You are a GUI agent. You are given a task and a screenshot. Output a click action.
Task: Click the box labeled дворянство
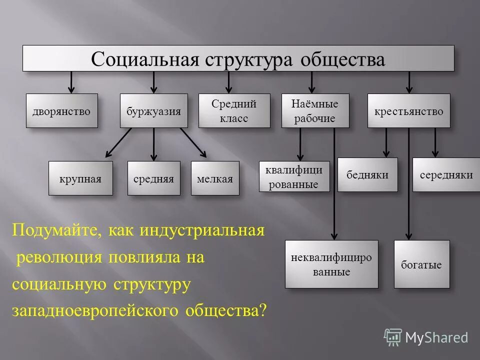click(x=61, y=110)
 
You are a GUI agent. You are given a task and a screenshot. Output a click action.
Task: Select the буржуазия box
click(x=154, y=110)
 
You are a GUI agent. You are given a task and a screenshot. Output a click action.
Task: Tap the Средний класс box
click(x=234, y=110)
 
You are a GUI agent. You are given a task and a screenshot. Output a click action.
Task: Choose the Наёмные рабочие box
click(x=314, y=110)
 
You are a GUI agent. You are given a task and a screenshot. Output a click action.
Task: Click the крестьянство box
click(x=408, y=110)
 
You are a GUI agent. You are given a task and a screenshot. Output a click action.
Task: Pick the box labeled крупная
click(x=80, y=178)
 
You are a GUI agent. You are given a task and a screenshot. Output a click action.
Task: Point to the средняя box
click(x=153, y=178)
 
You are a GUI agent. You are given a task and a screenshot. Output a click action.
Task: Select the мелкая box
click(x=215, y=178)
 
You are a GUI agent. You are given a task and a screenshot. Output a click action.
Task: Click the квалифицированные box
click(x=294, y=176)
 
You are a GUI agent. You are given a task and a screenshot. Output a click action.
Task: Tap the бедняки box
click(x=367, y=174)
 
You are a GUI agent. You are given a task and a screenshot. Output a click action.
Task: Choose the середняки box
click(x=446, y=174)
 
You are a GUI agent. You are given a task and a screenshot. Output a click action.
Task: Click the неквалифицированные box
click(x=331, y=264)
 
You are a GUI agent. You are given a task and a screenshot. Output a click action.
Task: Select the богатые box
click(x=421, y=264)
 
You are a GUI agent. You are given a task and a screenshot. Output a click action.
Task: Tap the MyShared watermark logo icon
click(x=393, y=337)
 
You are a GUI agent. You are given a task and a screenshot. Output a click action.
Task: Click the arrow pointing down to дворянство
click(x=71, y=82)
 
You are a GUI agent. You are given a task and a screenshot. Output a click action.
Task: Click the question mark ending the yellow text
click(x=263, y=310)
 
